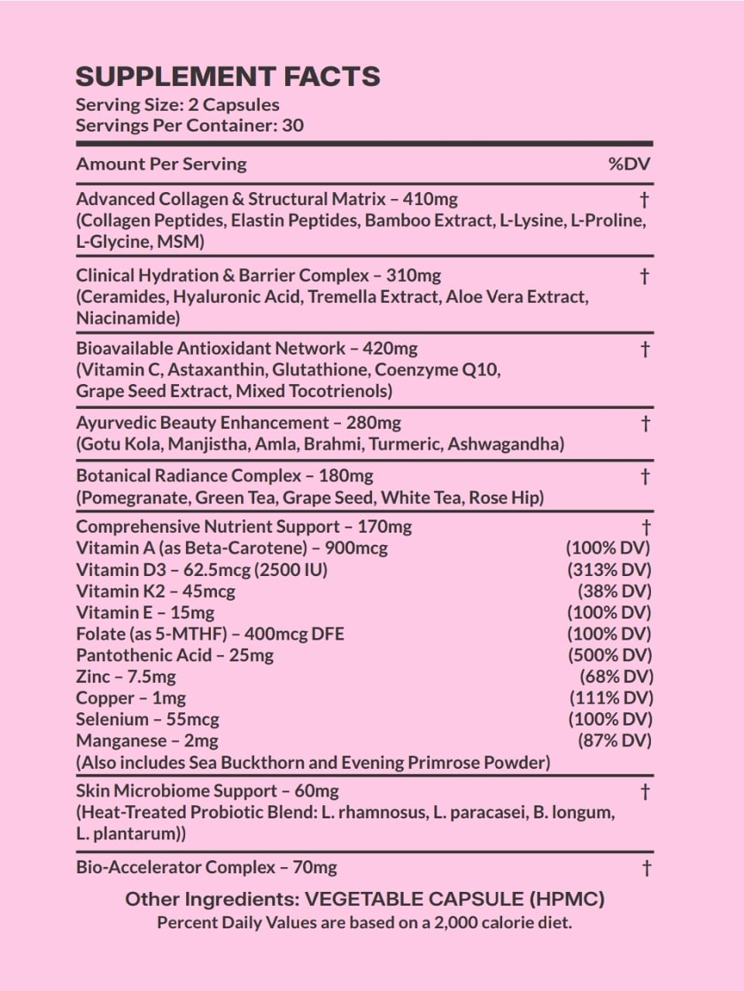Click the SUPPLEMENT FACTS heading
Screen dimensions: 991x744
[228, 77]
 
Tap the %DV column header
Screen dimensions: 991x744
[629, 164]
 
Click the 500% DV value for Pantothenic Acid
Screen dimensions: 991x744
[609, 655]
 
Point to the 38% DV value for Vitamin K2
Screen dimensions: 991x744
[614, 592]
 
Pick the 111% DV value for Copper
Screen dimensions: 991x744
[610, 698]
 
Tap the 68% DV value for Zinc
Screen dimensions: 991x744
[615, 677]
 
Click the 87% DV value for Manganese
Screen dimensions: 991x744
[614, 740]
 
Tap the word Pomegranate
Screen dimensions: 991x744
[133, 497]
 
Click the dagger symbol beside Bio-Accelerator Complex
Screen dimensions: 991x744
[645, 868]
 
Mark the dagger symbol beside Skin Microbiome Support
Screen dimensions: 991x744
[645, 792]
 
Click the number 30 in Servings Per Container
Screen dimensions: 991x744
[293, 125]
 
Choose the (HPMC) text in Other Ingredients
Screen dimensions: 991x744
[567, 899]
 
